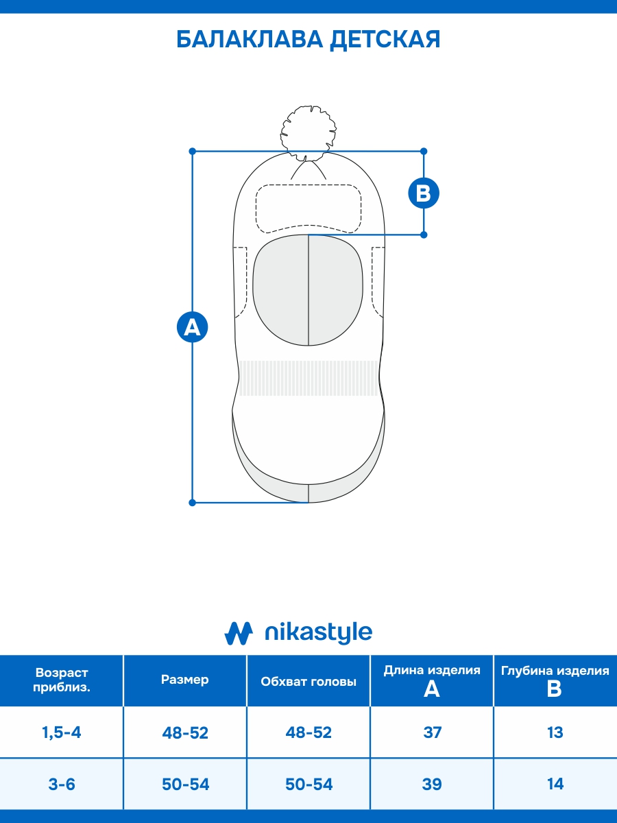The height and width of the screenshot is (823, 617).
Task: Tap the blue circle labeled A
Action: point(193,326)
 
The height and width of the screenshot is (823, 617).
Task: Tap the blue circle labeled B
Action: point(424,193)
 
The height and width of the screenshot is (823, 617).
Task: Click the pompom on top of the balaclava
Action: point(309,130)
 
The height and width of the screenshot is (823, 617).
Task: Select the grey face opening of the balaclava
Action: point(308,289)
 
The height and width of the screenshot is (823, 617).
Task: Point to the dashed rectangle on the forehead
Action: point(308,208)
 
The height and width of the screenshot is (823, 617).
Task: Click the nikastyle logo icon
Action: point(239,632)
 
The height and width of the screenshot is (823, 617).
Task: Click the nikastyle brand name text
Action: point(318,632)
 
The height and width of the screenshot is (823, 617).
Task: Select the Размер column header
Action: point(185,680)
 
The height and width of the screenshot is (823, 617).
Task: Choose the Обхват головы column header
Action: point(308,682)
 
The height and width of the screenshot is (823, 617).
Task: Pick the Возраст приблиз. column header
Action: point(62,680)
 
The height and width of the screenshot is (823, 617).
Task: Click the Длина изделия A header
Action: point(432,680)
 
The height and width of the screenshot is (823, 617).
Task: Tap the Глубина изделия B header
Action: point(555,680)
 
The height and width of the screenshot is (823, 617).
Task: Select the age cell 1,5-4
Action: point(62,732)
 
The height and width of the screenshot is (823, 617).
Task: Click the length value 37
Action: point(433,732)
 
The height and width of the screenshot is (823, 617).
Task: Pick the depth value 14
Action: point(555,784)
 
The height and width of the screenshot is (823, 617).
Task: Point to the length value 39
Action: point(433,784)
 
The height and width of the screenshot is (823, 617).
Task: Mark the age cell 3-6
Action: point(62,784)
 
